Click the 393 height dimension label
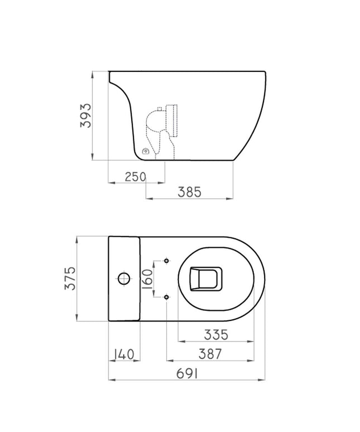click(x=85, y=115)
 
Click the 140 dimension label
click(x=123, y=353)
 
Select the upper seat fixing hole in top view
click(x=166, y=261)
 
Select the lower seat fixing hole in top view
click(x=166, y=296)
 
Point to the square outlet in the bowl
click(x=206, y=278)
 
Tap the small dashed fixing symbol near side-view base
click(x=146, y=151)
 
